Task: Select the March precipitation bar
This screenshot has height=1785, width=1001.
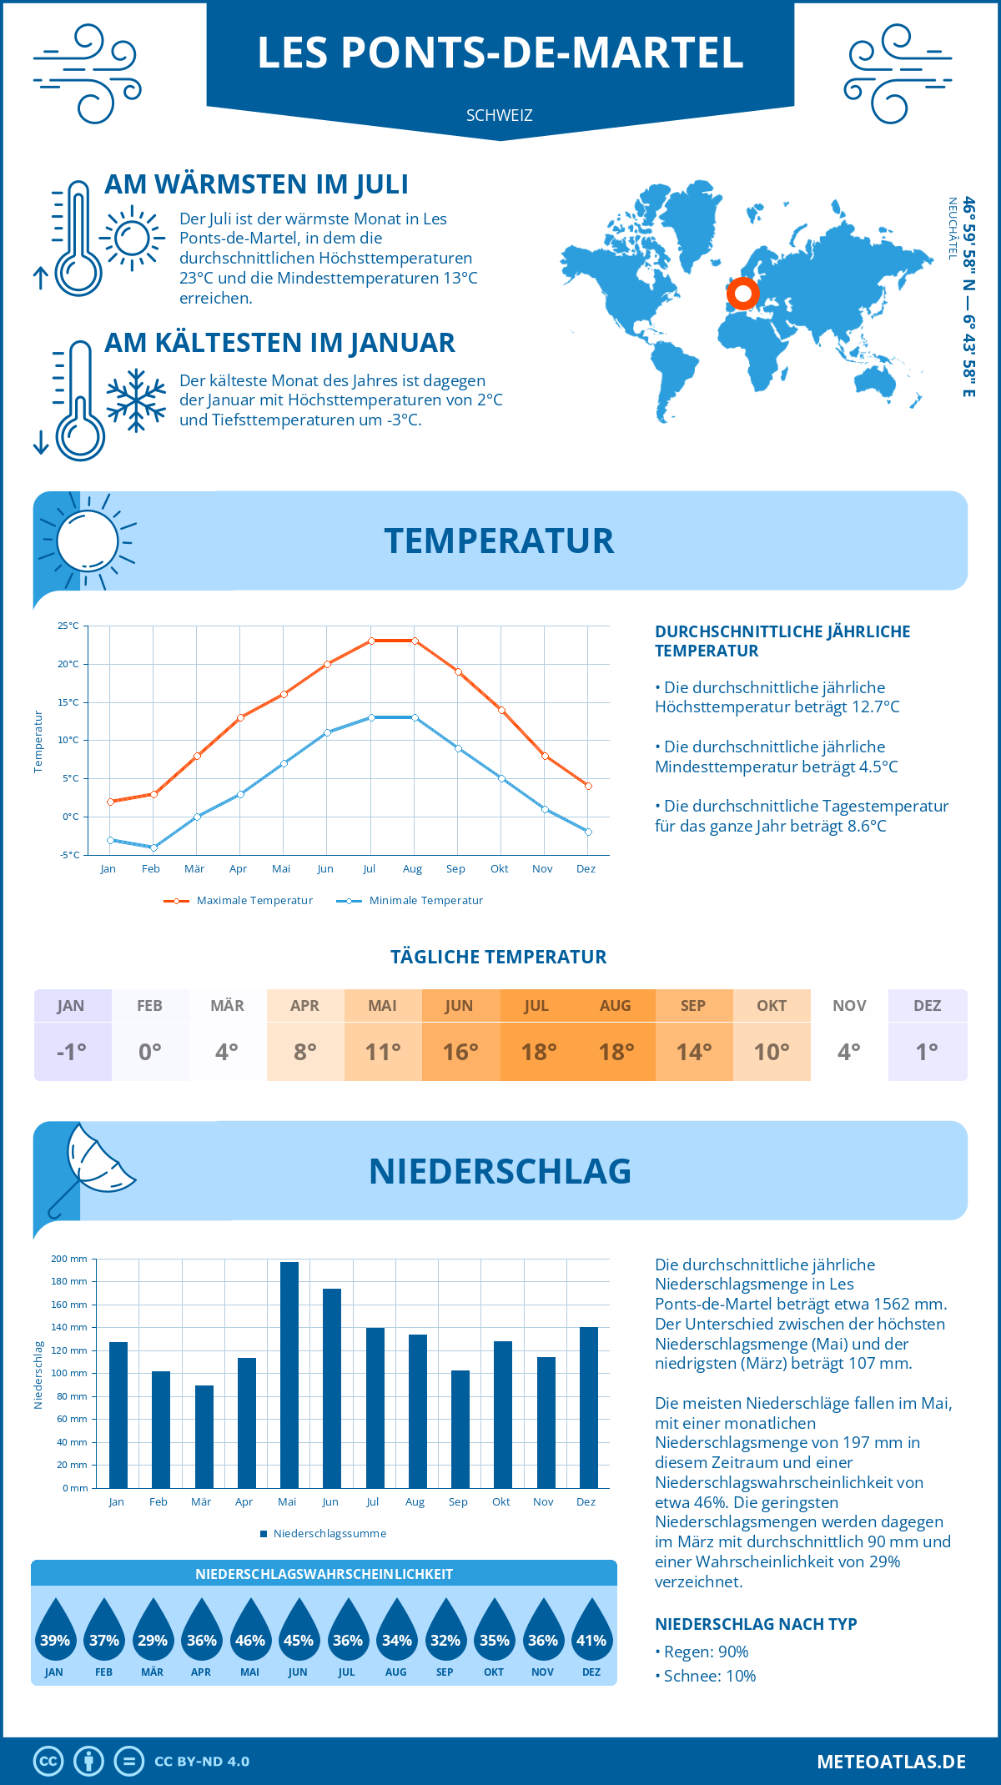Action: point(204,1436)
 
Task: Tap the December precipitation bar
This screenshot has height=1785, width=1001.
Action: point(589,1407)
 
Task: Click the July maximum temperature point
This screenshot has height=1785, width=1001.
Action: point(371,641)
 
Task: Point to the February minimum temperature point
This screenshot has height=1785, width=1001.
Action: point(153,847)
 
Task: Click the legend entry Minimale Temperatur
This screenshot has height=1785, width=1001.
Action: point(410,901)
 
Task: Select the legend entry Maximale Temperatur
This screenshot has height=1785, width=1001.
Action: point(239,901)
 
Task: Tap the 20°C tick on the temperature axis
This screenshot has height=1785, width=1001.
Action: point(68,664)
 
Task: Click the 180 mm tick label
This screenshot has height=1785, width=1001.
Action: point(69,1281)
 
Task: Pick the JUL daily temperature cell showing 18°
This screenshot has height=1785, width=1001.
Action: point(539,1052)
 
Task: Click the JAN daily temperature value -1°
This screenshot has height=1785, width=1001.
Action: point(72,1052)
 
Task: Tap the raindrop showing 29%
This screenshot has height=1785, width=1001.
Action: point(153,1633)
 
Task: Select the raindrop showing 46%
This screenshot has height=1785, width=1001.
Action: point(250,1633)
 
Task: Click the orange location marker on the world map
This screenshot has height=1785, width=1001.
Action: point(742,294)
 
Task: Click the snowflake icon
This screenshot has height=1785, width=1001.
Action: point(136,400)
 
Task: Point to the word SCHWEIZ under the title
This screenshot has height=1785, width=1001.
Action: point(500,115)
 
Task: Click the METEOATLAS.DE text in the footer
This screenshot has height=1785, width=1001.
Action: point(891,1762)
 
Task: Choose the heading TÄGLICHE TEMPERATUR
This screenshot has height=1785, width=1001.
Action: point(499,957)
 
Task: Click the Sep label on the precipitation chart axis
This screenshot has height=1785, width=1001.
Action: point(458,1502)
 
